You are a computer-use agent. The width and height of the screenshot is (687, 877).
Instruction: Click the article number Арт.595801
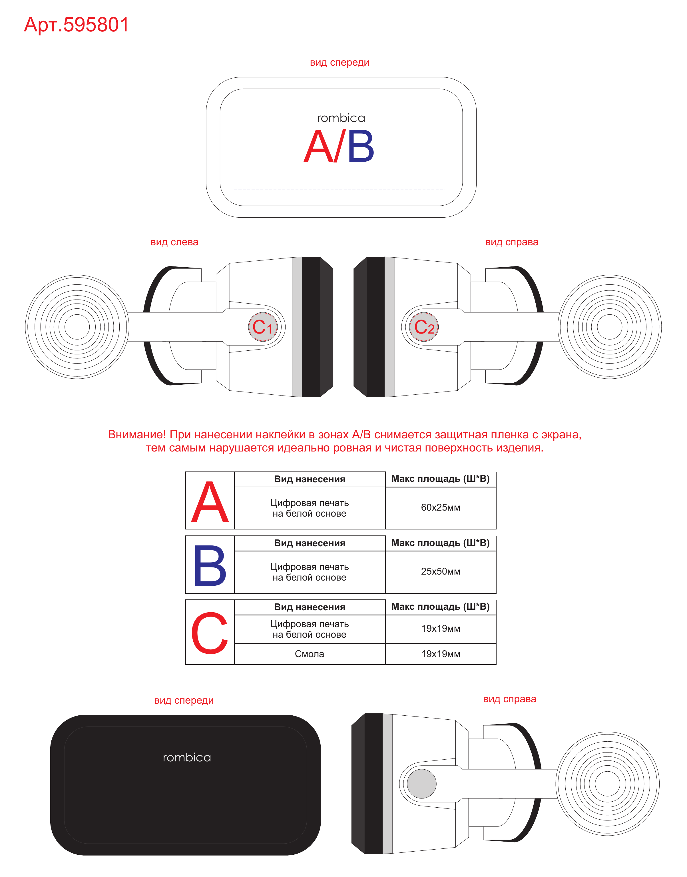coord(77,25)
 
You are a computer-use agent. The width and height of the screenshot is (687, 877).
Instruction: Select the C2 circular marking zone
coord(424,327)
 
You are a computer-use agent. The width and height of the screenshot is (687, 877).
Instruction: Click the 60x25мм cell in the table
coord(440,508)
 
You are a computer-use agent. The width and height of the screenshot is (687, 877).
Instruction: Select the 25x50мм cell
coord(440,572)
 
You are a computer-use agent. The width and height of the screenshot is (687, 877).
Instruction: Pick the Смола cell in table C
coord(309,654)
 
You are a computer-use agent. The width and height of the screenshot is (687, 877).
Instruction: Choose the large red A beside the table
coord(210,502)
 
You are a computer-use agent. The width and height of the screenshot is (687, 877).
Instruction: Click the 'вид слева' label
coord(174,242)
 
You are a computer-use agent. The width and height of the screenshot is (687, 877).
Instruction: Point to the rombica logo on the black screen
coord(187,758)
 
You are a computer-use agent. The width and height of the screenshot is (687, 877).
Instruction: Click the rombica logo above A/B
coord(341,118)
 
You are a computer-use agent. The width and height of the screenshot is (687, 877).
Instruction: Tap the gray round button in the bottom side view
coord(421,784)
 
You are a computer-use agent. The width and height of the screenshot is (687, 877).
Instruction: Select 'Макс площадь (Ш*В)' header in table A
coord(440,479)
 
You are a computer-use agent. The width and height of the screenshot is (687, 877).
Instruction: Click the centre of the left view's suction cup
coord(77,327)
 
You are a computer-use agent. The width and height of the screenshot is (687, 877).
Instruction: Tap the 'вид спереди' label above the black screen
coord(184,701)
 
